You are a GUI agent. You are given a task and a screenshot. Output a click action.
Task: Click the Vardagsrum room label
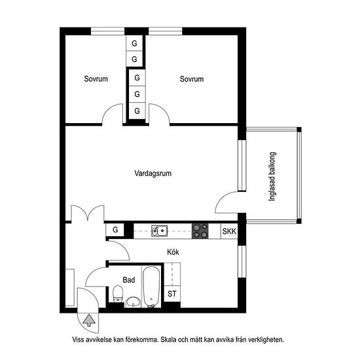(153, 173)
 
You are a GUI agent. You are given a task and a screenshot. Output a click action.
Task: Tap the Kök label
(173, 252)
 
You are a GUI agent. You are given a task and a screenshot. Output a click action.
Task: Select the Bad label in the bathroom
(128, 280)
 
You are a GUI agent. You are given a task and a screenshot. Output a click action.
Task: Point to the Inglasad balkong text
(272, 177)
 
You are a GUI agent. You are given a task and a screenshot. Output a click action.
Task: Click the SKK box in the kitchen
(229, 231)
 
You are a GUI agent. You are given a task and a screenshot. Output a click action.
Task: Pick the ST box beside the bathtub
(172, 294)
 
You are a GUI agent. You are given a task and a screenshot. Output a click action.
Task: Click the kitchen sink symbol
(159, 231)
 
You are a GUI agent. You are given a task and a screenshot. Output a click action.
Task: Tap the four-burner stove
(200, 231)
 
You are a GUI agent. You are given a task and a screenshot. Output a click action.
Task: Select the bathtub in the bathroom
(151, 287)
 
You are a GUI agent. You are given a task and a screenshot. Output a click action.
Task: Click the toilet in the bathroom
(118, 294)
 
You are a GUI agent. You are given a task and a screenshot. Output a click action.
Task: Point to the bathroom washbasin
(133, 302)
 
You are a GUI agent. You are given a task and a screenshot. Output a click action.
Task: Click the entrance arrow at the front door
(89, 321)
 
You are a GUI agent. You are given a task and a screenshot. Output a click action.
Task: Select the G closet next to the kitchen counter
(115, 230)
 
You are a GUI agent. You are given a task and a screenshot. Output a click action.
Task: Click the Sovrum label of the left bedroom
(96, 79)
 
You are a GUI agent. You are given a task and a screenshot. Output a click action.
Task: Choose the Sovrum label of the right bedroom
(192, 79)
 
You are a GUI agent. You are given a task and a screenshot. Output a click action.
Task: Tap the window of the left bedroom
(108, 31)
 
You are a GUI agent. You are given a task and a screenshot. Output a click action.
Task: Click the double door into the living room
(88, 213)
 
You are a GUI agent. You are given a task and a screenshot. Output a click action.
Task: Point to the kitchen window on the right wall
(242, 262)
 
